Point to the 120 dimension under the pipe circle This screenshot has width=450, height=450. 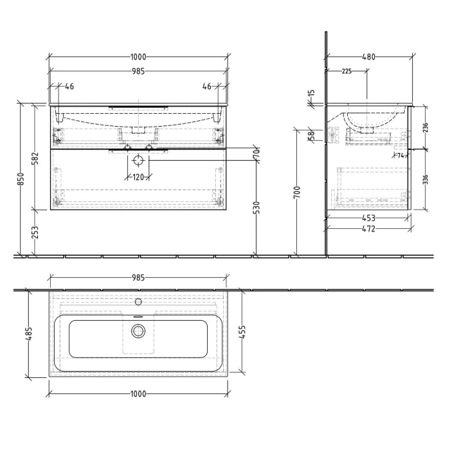138,177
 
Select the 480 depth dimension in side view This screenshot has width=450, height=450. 369,57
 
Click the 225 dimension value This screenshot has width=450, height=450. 346,71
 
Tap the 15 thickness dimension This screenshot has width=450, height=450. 312,94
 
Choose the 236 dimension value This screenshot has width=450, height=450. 425,127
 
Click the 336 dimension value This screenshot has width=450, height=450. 425,179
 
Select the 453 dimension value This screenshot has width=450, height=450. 368,218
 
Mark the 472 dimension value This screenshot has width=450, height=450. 368,228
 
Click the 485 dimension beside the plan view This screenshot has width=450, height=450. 28,334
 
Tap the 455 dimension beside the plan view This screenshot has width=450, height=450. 242,332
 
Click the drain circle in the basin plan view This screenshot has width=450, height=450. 138,331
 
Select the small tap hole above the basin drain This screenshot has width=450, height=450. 138,301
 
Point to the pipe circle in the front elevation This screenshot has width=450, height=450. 138,161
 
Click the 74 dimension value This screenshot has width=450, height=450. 400,156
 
